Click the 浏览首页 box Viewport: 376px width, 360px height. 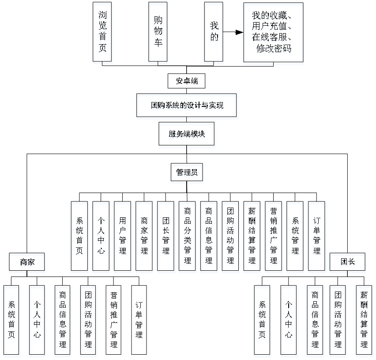102,32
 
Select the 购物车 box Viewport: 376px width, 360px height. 158,32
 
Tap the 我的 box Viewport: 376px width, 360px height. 214,32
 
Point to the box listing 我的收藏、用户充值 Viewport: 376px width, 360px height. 274,32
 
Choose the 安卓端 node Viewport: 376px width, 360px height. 187,81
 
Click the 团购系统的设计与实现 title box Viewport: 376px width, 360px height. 187,105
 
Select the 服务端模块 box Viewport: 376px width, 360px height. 187,134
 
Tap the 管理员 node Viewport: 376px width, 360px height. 187,172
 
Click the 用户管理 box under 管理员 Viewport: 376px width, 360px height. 122,236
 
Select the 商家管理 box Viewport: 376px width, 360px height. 144,236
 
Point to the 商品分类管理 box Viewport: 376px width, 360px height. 187,236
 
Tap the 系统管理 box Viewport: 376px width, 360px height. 295,236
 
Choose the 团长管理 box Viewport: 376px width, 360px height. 165,236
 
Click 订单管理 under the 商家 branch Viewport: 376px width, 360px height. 139,320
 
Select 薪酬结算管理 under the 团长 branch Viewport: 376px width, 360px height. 364,320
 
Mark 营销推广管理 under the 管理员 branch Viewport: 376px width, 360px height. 274,236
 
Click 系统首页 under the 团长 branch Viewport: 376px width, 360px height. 262,320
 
